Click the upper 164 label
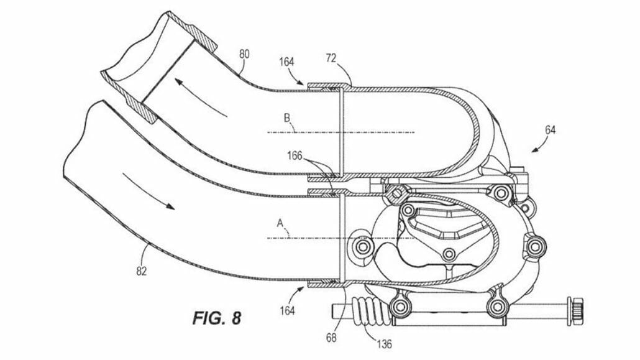287,63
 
